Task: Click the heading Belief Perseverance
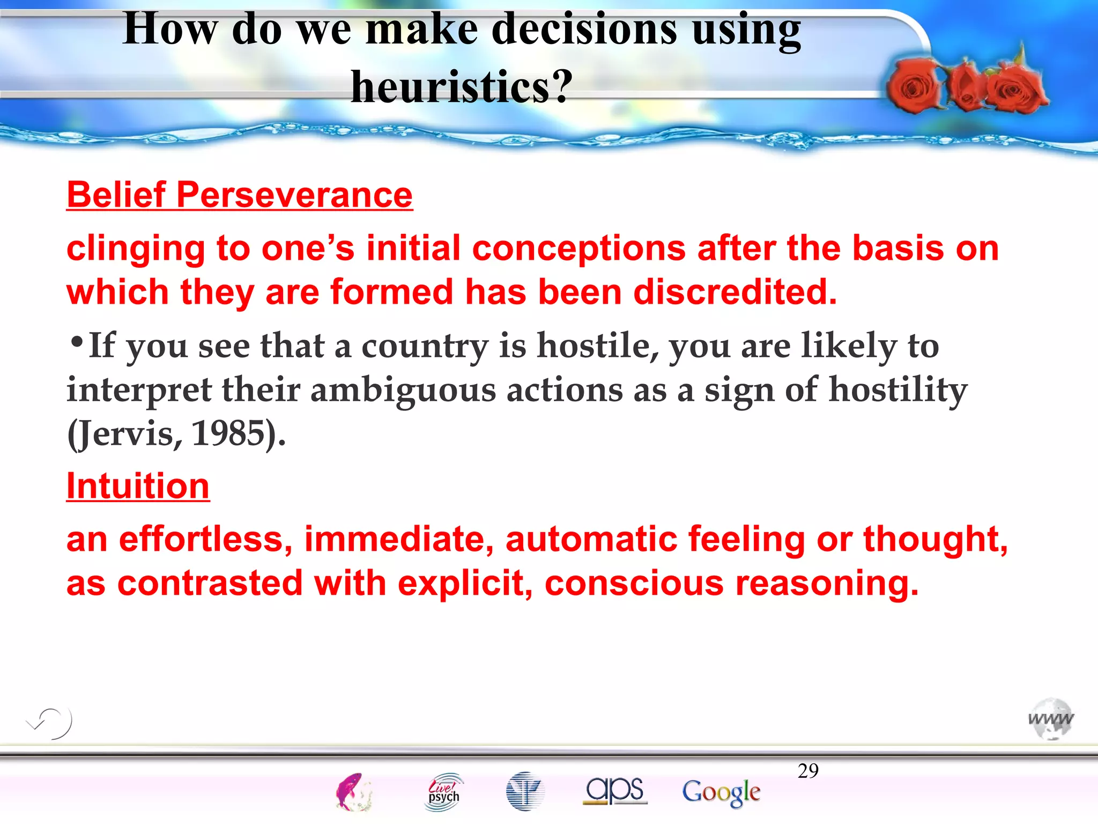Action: (239, 195)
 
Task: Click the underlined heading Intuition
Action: (138, 486)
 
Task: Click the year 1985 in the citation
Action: (228, 433)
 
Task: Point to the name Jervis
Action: (128, 433)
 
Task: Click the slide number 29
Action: (808, 771)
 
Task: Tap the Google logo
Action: (721, 792)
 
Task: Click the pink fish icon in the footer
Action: (353, 792)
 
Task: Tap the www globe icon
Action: (1051, 719)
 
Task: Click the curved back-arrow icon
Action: (50, 723)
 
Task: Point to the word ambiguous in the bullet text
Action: (403, 390)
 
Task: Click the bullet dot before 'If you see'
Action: (77, 341)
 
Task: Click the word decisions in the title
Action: (584, 30)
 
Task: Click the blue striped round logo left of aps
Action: (525, 791)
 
